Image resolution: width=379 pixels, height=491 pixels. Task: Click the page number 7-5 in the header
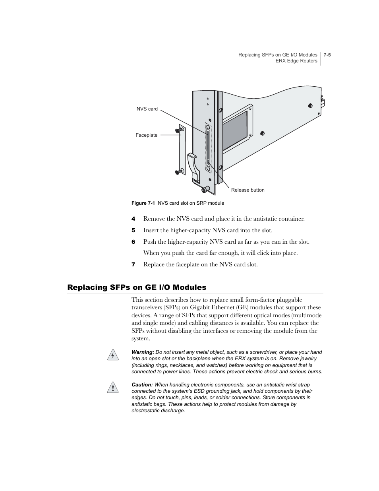click(x=327, y=55)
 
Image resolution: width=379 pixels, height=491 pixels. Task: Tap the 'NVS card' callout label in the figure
click(x=147, y=109)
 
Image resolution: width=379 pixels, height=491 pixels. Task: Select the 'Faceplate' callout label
click(x=146, y=135)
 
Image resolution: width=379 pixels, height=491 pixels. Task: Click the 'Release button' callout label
click(x=248, y=190)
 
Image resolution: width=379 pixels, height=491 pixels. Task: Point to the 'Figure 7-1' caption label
click(x=143, y=203)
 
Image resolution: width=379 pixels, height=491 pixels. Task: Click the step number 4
click(x=133, y=219)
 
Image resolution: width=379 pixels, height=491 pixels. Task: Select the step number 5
click(x=133, y=230)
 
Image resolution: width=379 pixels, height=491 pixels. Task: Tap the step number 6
click(x=133, y=242)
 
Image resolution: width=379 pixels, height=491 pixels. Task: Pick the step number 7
click(x=133, y=264)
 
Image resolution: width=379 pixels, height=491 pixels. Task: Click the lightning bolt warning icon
click(x=113, y=355)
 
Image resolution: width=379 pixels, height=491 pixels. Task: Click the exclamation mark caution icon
click(x=113, y=388)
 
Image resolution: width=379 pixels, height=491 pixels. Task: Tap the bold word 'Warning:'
click(x=143, y=352)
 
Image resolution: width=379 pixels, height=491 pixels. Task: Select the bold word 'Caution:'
click(x=142, y=385)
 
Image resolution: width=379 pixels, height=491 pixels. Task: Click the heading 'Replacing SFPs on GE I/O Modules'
click(x=137, y=287)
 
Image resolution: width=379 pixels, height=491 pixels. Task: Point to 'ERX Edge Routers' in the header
click(x=296, y=61)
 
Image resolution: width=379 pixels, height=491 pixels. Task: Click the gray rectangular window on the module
click(x=234, y=130)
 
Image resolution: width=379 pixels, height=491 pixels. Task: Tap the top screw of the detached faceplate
click(x=179, y=129)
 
